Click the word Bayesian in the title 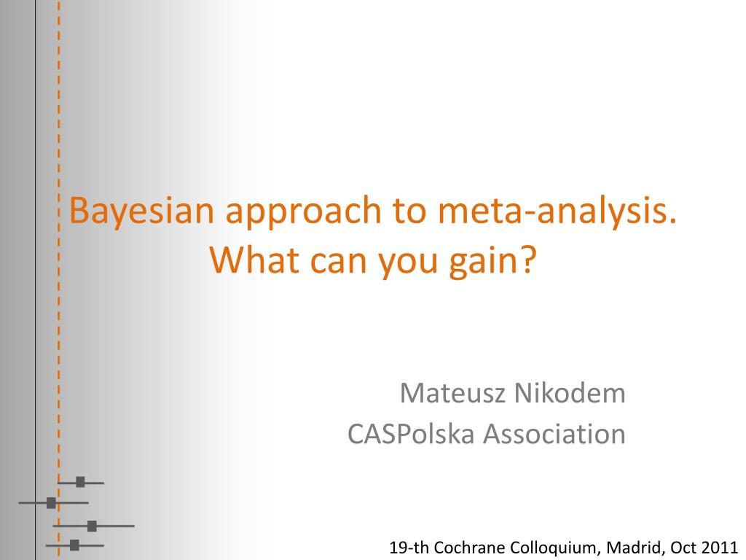click(142, 211)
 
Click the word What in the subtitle click(254, 260)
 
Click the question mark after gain click(530, 260)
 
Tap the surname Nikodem click(570, 393)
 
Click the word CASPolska click(411, 434)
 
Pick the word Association click(554, 434)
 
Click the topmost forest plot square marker click(80, 482)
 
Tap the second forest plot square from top click(51, 502)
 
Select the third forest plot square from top click(92, 526)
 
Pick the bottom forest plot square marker click(74, 545)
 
